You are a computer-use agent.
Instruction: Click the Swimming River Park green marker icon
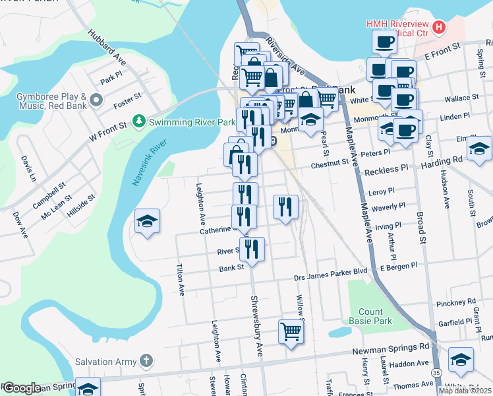point(139,121)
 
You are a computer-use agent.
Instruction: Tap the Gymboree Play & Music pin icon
point(97,100)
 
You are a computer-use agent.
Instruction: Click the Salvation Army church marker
point(146,361)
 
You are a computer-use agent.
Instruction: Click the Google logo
point(21,388)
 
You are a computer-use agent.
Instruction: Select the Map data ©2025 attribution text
point(465,390)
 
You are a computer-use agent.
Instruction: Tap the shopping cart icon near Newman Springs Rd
point(291,332)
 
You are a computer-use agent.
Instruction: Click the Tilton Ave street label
point(179,280)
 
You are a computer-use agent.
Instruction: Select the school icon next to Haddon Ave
point(461,360)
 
